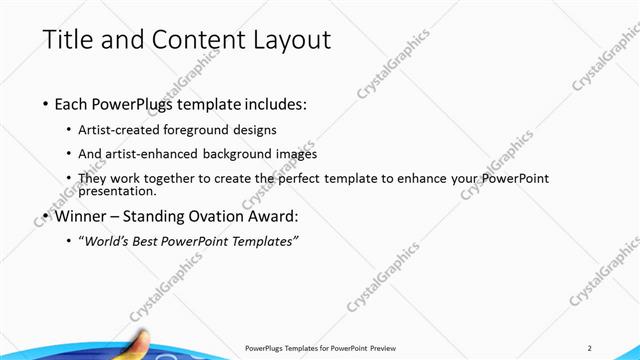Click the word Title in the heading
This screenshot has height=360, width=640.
click(69, 41)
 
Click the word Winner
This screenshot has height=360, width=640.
click(81, 215)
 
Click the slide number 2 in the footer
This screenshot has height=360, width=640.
click(590, 348)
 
